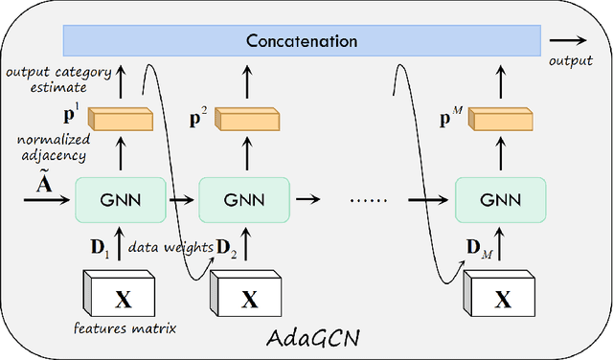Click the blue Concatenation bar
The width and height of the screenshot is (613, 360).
[x=302, y=41]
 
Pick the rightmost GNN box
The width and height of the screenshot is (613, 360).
[x=500, y=202]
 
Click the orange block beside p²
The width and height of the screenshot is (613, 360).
[x=244, y=120]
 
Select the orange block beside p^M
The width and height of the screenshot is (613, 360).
[x=499, y=120]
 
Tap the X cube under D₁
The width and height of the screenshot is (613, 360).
[x=122, y=298]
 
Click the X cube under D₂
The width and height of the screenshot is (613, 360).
[x=247, y=298]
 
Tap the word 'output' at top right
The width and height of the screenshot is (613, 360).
[x=572, y=59]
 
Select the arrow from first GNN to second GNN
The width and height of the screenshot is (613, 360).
[x=181, y=202]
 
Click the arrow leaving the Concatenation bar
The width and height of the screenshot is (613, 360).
[x=572, y=41]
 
